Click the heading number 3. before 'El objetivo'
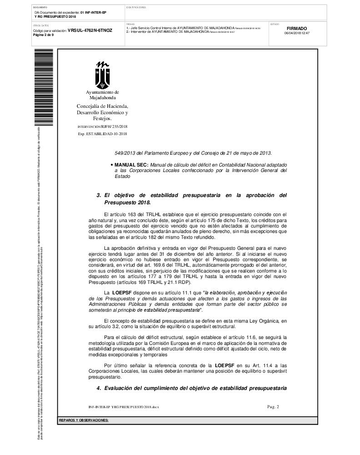click(x=99, y=195)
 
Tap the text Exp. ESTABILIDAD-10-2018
click(x=102, y=134)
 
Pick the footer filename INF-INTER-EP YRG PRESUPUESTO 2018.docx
click(x=124, y=406)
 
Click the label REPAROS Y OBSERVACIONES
click(x=84, y=420)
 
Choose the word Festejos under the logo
click(x=102, y=118)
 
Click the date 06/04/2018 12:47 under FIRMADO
click(x=297, y=33)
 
